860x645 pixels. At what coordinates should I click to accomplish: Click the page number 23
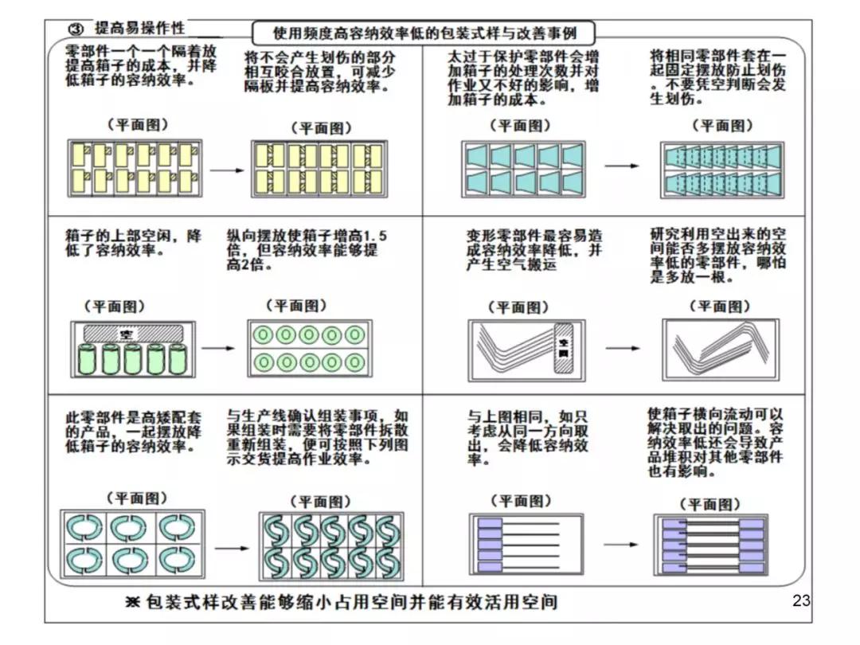[x=801, y=600]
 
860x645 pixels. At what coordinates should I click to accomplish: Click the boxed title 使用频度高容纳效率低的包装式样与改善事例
[x=424, y=34]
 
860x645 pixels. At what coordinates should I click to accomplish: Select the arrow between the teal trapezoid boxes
[x=621, y=166]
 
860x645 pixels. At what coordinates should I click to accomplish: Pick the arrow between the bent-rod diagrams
[x=622, y=348]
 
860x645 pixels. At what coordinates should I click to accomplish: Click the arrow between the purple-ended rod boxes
[x=621, y=545]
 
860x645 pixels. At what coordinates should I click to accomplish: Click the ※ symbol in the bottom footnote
[x=132, y=601]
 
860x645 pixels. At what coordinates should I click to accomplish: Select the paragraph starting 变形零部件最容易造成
[x=534, y=251]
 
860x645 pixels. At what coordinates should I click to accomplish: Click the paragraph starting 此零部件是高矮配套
[x=133, y=431]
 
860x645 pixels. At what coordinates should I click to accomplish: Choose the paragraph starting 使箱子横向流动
[x=716, y=443]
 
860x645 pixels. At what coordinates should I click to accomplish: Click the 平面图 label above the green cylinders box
[x=115, y=307]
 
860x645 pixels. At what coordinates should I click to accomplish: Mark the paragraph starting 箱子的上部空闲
[x=133, y=243]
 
